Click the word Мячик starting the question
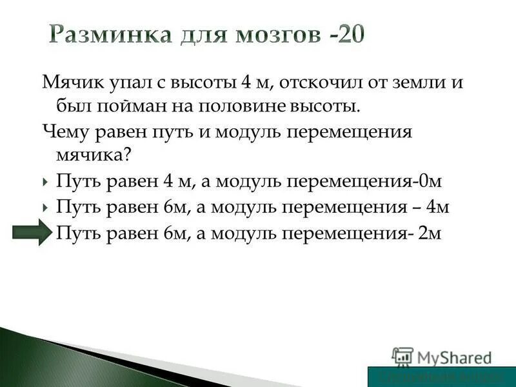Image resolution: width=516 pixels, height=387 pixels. click(70, 83)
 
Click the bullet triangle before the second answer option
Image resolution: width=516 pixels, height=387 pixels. click(46, 208)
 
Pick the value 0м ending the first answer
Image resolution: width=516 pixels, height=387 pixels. click(431, 183)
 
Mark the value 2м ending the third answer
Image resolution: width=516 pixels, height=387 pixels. click(430, 233)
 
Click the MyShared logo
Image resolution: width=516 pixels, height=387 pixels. click(442, 357)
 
